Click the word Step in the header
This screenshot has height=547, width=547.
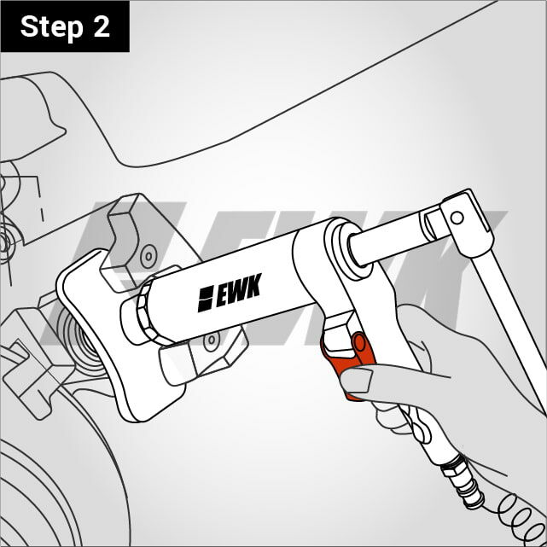pos(52,27)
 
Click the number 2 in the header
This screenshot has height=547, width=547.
pos(102,26)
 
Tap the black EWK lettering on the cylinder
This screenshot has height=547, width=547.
pos(239,290)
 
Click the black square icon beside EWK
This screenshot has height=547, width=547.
pos(206,299)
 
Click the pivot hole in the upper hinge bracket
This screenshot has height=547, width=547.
pos(457,218)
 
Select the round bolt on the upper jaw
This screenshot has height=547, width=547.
pos(148,256)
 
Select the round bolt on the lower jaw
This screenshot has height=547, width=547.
pos(212,340)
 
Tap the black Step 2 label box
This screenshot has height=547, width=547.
pos(65,26)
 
